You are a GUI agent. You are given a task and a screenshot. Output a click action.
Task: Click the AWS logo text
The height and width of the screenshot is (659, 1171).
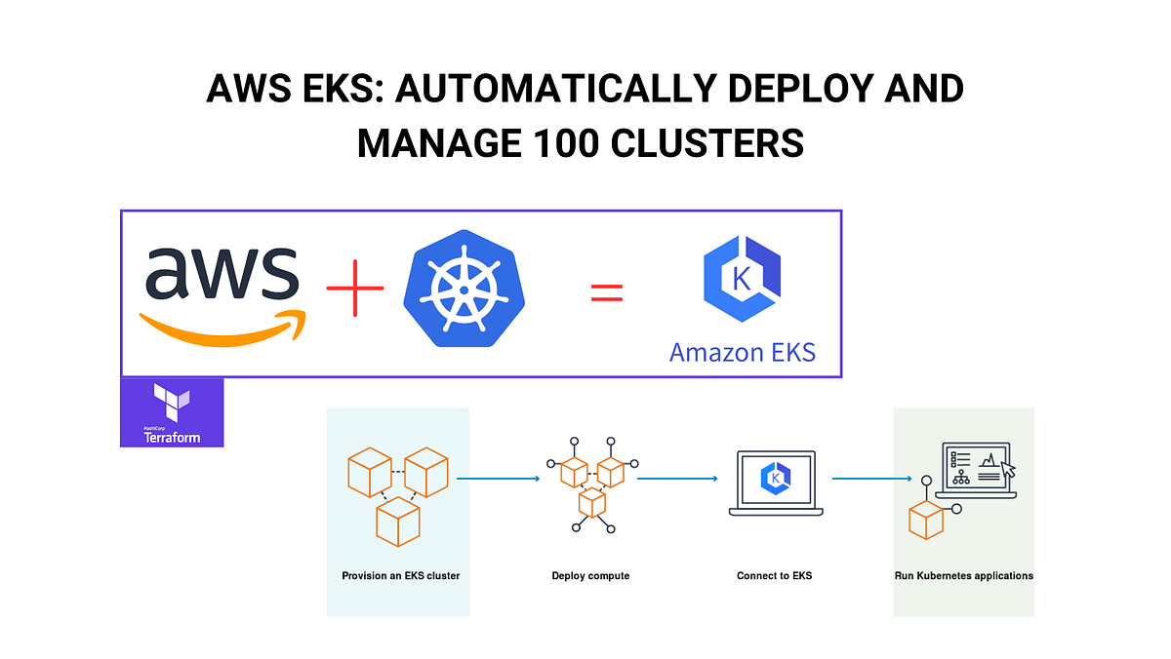pyautogui.click(x=222, y=275)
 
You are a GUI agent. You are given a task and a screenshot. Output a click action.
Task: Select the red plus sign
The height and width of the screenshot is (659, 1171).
pyautogui.click(x=354, y=290)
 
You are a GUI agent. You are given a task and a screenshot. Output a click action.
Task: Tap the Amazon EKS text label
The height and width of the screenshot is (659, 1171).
pyautogui.click(x=742, y=351)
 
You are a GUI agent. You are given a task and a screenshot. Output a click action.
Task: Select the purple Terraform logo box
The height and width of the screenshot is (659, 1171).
pyautogui.click(x=172, y=412)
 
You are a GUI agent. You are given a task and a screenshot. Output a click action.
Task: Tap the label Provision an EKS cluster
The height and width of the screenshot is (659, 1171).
pyautogui.click(x=400, y=575)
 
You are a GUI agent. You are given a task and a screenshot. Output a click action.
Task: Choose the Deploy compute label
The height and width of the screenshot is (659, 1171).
pyautogui.click(x=590, y=575)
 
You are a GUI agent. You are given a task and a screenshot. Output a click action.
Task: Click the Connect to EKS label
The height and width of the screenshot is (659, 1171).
pyautogui.click(x=774, y=575)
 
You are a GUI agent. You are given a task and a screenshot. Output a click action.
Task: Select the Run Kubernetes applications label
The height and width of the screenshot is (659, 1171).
pyautogui.click(x=963, y=575)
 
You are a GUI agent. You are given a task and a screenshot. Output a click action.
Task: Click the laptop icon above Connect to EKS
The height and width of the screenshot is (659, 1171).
pyautogui.click(x=774, y=483)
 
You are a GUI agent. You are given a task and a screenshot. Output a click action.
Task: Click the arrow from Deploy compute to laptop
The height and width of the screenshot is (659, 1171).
pyautogui.click(x=677, y=479)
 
